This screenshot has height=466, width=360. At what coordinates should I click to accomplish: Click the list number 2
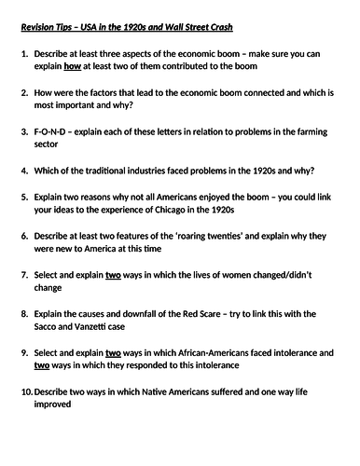point(26,104)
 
